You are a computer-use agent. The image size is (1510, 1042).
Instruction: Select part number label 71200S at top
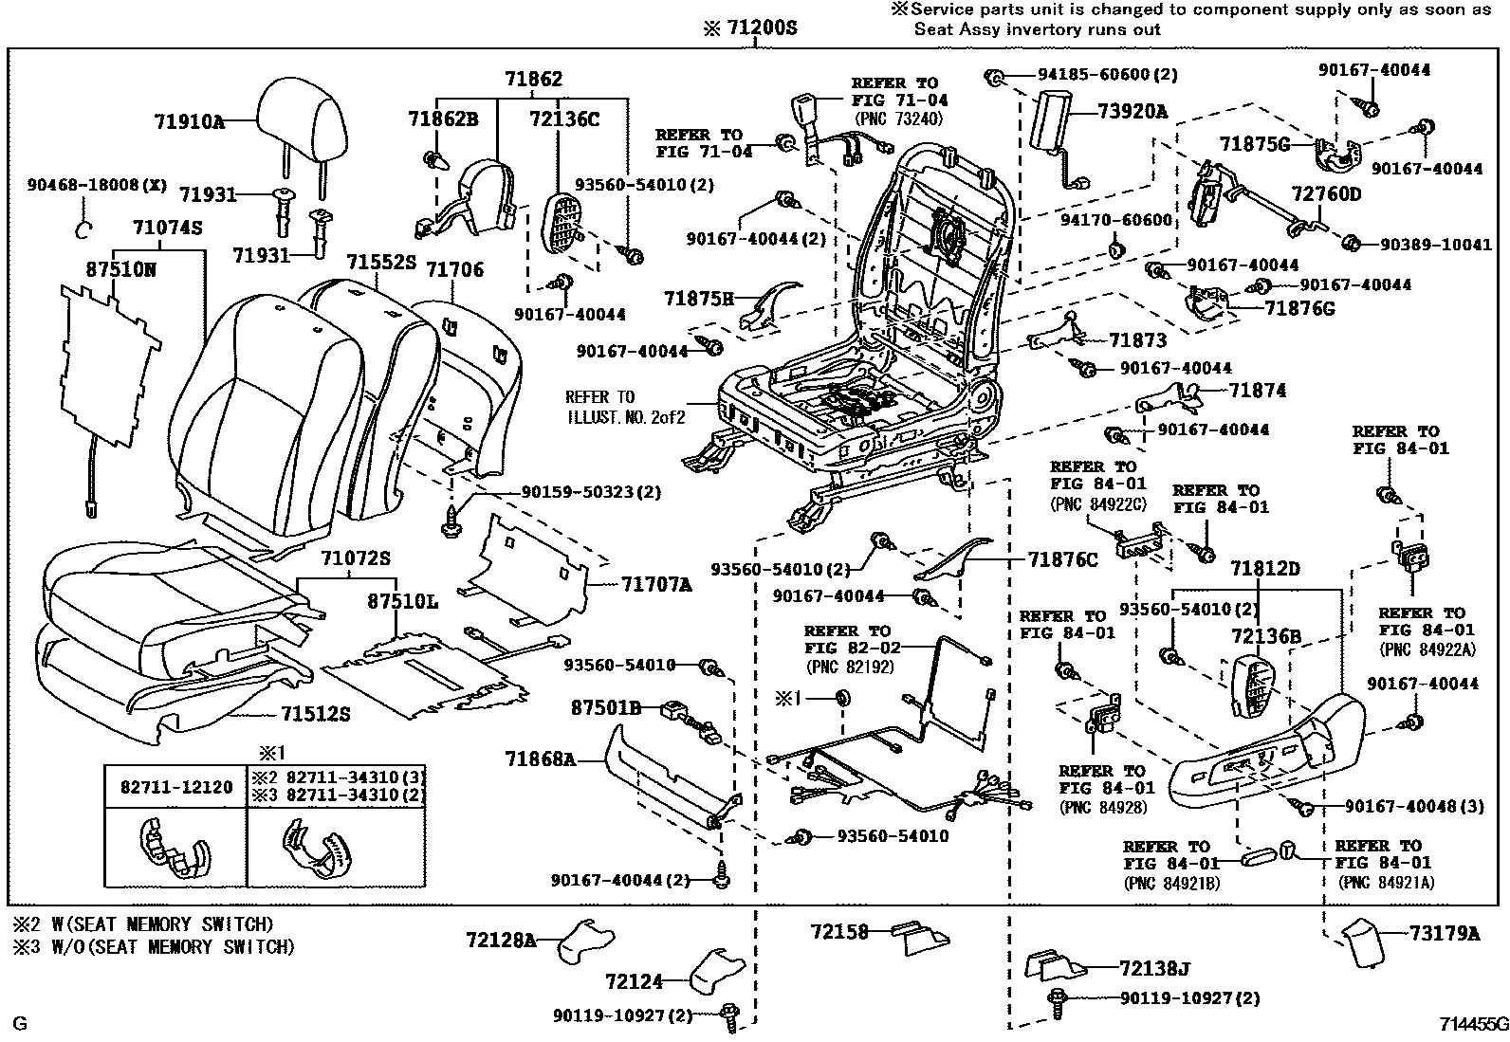coord(751,28)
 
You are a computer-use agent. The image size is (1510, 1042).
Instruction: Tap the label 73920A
coord(1132,112)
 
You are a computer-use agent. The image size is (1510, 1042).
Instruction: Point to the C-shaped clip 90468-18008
coord(83,229)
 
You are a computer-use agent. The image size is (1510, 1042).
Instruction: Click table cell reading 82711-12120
coord(175,787)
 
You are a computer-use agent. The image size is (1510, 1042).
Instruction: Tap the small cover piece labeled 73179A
coord(1365,942)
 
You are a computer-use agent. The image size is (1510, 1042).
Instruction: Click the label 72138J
coord(1152,968)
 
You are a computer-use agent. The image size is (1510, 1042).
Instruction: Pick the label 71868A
coord(540,759)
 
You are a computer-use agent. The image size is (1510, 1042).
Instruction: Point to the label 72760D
coord(1325,194)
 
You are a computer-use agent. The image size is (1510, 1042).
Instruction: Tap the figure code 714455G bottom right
coord(1472,1025)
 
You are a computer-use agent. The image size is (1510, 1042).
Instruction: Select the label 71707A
coord(656,585)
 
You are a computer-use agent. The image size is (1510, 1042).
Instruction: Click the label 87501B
coord(606,707)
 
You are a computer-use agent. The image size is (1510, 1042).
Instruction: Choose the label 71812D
coord(1264,569)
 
